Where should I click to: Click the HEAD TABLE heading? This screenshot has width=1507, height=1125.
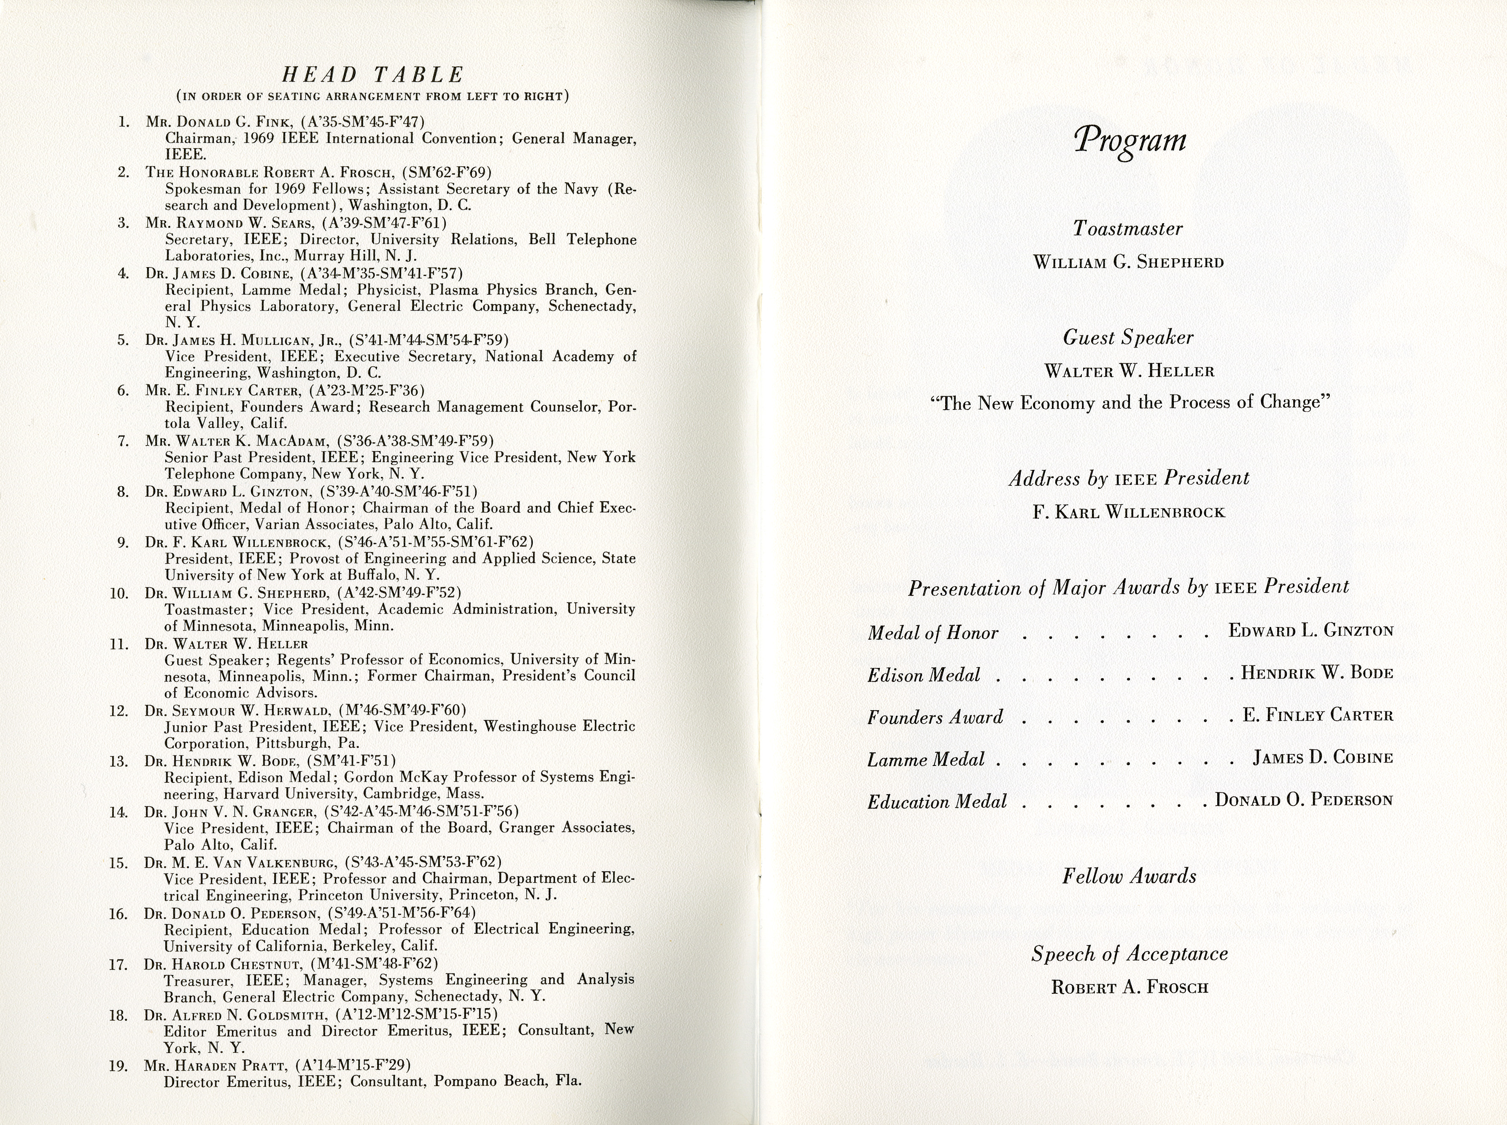click(x=372, y=74)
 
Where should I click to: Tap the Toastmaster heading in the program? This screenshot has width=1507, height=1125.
click(x=1128, y=228)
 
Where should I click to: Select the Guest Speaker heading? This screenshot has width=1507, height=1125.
click(x=1128, y=338)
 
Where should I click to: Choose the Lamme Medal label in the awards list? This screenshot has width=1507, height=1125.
click(x=926, y=759)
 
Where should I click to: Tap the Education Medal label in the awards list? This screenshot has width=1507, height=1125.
click(x=937, y=802)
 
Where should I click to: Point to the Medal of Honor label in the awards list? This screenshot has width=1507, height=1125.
click(x=933, y=633)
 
